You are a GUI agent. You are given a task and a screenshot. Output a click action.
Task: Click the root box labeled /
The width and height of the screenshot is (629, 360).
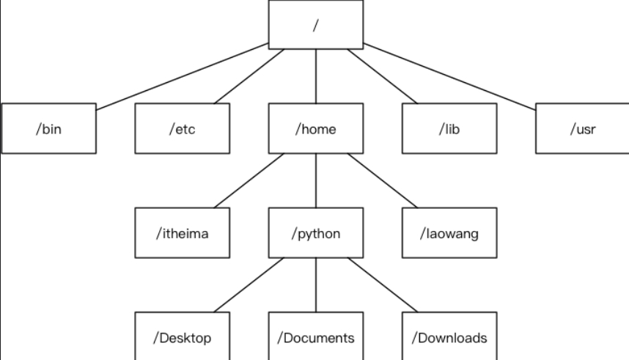pos(316,25)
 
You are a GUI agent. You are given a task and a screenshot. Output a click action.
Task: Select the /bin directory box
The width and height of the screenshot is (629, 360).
pos(49,128)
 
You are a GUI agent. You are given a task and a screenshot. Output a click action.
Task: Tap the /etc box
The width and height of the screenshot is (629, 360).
pos(182,128)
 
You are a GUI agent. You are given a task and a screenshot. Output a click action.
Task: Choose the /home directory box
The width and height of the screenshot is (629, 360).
pos(316,128)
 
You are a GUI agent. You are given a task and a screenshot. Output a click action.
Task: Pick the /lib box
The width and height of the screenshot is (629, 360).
pos(449,128)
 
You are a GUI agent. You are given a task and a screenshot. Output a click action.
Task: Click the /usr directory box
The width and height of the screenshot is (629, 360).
pos(583,128)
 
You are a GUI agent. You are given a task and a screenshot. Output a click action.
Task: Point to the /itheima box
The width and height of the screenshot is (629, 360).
pos(182,233)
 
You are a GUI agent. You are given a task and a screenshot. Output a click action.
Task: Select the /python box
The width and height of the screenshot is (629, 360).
pos(316,233)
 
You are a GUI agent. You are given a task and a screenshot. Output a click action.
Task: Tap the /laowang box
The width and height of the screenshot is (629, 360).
pos(449,233)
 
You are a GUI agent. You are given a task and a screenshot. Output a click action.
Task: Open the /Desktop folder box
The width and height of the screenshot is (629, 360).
pos(182,337)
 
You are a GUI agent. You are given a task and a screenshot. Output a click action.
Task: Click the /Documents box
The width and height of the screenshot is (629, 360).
pos(316,337)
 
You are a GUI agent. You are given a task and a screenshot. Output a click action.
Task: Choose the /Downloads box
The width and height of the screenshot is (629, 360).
pos(449,337)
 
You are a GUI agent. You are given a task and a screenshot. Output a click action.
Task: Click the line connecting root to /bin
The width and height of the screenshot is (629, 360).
pos(183,76)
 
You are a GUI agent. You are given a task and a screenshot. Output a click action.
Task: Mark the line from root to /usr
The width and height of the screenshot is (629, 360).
pos(449,76)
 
